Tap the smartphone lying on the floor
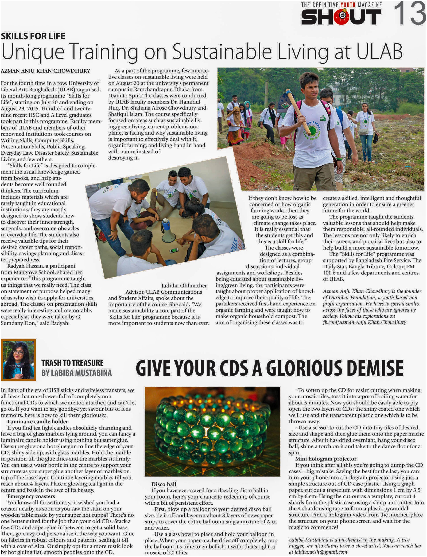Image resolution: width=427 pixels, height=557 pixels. click(174, 250)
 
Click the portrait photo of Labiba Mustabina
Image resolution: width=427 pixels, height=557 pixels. click(18, 360)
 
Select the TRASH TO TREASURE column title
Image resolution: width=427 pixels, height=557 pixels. click(72, 363)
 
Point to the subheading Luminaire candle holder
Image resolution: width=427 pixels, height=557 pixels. click(38, 422)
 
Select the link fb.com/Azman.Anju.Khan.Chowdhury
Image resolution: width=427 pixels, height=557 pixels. click(364, 322)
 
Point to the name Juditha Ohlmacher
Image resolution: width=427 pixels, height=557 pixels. click(184, 286)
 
